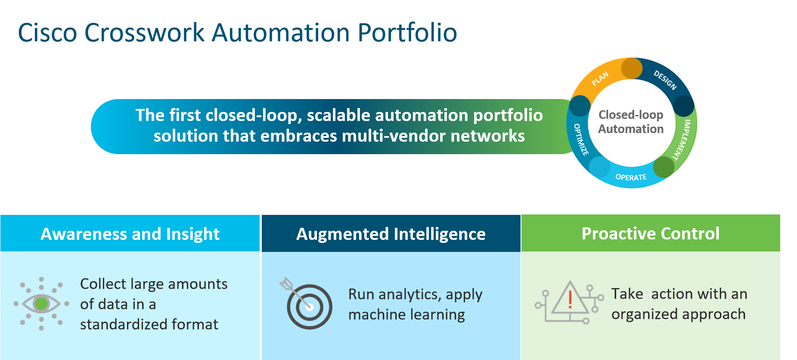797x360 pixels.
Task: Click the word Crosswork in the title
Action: tap(144, 33)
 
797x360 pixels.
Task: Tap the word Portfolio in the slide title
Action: tap(407, 33)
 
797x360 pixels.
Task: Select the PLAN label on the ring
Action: tap(600, 78)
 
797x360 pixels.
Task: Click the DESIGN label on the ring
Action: tap(665, 80)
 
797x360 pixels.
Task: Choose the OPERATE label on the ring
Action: tap(631, 177)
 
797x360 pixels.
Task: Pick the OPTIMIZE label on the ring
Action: tap(581, 139)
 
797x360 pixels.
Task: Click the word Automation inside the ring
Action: tap(631, 129)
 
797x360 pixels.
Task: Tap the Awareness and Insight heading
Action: tap(130, 234)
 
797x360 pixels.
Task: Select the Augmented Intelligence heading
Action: tap(391, 234)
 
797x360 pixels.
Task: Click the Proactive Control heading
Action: tap(650, 233)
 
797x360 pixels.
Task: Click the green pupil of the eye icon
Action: tap(41, 304)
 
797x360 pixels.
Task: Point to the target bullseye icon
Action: tap(309, 307)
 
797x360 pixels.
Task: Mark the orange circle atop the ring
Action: tap(632, 68)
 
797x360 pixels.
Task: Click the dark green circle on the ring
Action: tap(664, 168)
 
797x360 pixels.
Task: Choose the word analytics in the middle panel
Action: tap(409, 295)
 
